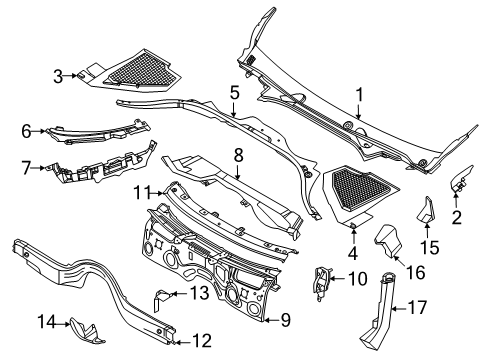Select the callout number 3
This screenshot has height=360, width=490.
(x=59, y=75)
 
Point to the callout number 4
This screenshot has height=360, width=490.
(x=354, y=252)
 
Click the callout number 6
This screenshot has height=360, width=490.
(x=26, y=129)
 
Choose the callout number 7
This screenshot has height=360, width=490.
(x=26, y=167)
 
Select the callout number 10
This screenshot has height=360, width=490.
(x=355, y=279)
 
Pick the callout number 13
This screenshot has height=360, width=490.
(x=200, y=293)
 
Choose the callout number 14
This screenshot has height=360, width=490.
(x=44, y=320)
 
